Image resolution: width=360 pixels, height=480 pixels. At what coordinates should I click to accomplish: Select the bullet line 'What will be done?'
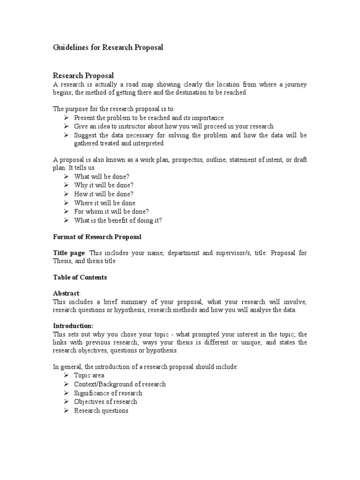[102, 177]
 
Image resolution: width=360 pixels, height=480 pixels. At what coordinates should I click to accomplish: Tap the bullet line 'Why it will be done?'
[104, 185]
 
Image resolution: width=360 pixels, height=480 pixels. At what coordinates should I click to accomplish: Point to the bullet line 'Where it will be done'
[105, 203]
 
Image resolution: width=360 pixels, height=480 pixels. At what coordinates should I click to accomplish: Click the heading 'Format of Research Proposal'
[97, 237]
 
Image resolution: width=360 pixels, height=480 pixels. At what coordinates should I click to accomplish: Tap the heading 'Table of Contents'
[80, 277]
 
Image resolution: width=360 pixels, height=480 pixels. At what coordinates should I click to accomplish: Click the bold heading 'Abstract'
[67, 293]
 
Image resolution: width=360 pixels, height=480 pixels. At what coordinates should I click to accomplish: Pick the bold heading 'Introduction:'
[73, 326]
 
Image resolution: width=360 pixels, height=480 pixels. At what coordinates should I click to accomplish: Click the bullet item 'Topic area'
[89, 375]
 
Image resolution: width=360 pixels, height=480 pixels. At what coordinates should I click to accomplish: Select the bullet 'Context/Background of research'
[120, 384]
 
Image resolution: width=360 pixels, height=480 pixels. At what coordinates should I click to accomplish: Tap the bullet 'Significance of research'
[108, 393]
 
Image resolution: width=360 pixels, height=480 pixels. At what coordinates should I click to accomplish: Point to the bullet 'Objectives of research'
[105, 402]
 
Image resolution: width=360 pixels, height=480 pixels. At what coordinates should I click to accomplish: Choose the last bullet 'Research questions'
[101, 411]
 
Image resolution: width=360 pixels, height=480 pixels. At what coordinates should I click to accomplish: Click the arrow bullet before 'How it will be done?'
[67, 194]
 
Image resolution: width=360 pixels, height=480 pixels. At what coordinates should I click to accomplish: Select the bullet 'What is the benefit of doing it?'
[118, 220]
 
